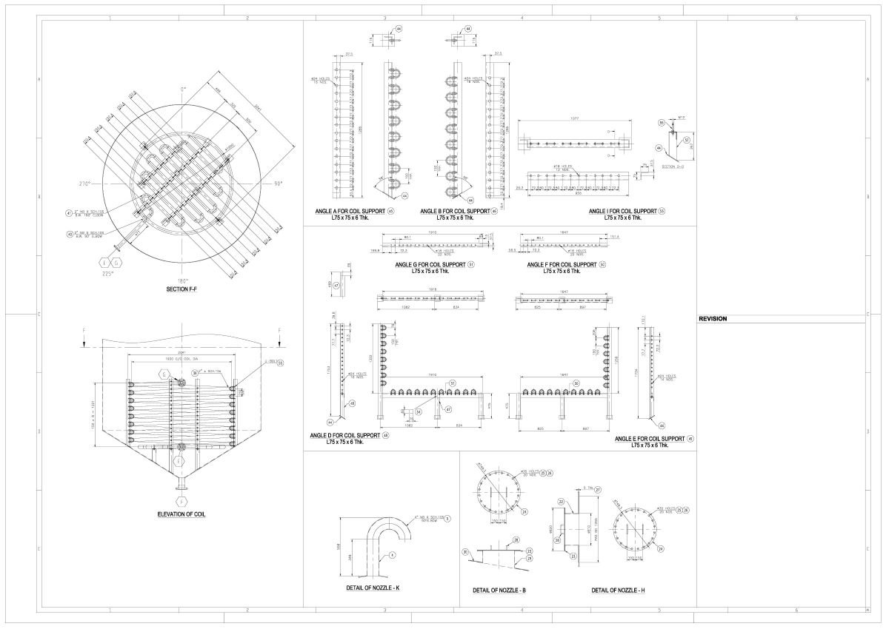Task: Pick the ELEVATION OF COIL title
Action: [181, 514]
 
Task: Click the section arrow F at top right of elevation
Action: [279, 331]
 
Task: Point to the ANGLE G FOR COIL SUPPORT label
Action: [430, 264]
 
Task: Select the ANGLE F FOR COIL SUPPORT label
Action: [562, 264]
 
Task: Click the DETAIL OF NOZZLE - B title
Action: [499, 591]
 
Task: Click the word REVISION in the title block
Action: [713, 319]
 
